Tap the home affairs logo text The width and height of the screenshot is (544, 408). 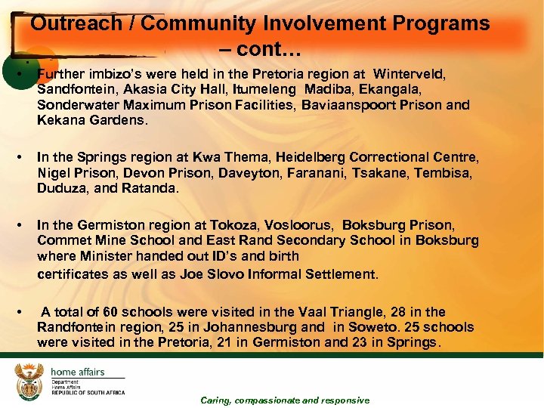77,372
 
